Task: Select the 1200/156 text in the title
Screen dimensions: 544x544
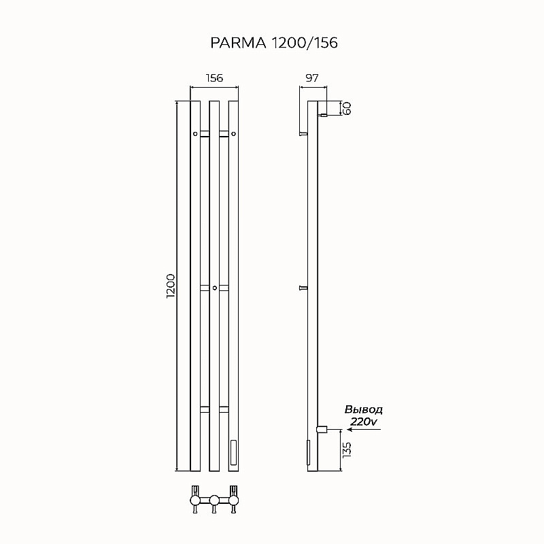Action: click(x=304, y=43)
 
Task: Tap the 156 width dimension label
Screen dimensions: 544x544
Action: click(x=214, y=78)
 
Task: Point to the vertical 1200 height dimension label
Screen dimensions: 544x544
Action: click(x=171, y=286)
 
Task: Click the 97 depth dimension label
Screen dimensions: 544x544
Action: click(x=312, y=78)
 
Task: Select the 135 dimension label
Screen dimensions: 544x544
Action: click(x=346, y=449)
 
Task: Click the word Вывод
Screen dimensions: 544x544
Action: click(x=364, y=410)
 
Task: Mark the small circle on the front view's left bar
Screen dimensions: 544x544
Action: click(x=195, y=134)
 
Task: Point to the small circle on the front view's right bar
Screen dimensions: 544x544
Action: click(x=233, y=134)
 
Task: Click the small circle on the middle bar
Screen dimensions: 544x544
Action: click(x=214, y=288)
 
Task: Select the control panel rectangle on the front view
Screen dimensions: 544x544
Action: click(x=234, y=452)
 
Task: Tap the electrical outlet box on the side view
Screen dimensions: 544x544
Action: click(x=322, y=429)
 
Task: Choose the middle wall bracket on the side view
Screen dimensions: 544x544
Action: click(x=303, y=288)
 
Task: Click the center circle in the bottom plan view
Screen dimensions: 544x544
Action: click(x=214, y=501)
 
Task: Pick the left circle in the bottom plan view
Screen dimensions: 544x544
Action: click(x=196, y=501)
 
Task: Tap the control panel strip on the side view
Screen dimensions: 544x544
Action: click(x=307, y=452)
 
